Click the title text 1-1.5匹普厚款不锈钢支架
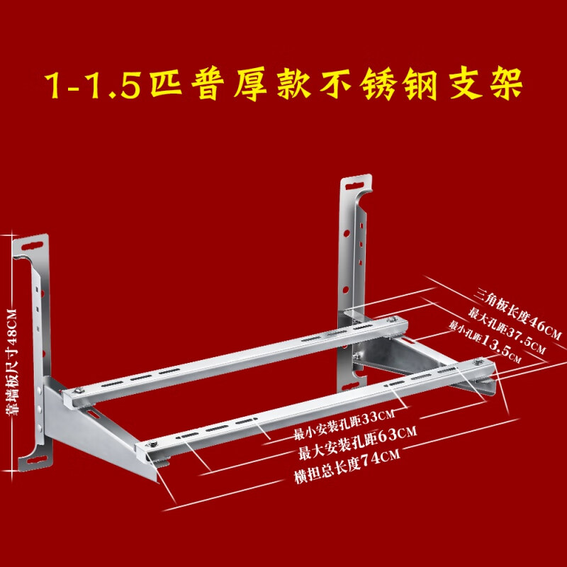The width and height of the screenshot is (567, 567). coord(284,84)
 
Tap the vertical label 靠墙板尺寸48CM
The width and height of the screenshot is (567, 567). coord(11,362)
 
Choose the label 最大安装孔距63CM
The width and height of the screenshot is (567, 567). coord(357,443)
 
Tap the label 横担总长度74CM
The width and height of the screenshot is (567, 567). coord(347,466)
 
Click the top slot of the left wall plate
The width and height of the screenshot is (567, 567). coord(33,247)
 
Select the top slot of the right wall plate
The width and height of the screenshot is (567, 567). coord(355,186)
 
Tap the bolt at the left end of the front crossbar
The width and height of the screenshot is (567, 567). coord(151,444)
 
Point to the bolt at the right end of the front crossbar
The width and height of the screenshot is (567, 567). coord(479,361)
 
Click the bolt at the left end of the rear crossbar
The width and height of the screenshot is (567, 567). coord(79,390)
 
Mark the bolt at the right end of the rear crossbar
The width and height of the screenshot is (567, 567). coord(391,320)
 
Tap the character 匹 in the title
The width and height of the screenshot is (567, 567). coord(166,84)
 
